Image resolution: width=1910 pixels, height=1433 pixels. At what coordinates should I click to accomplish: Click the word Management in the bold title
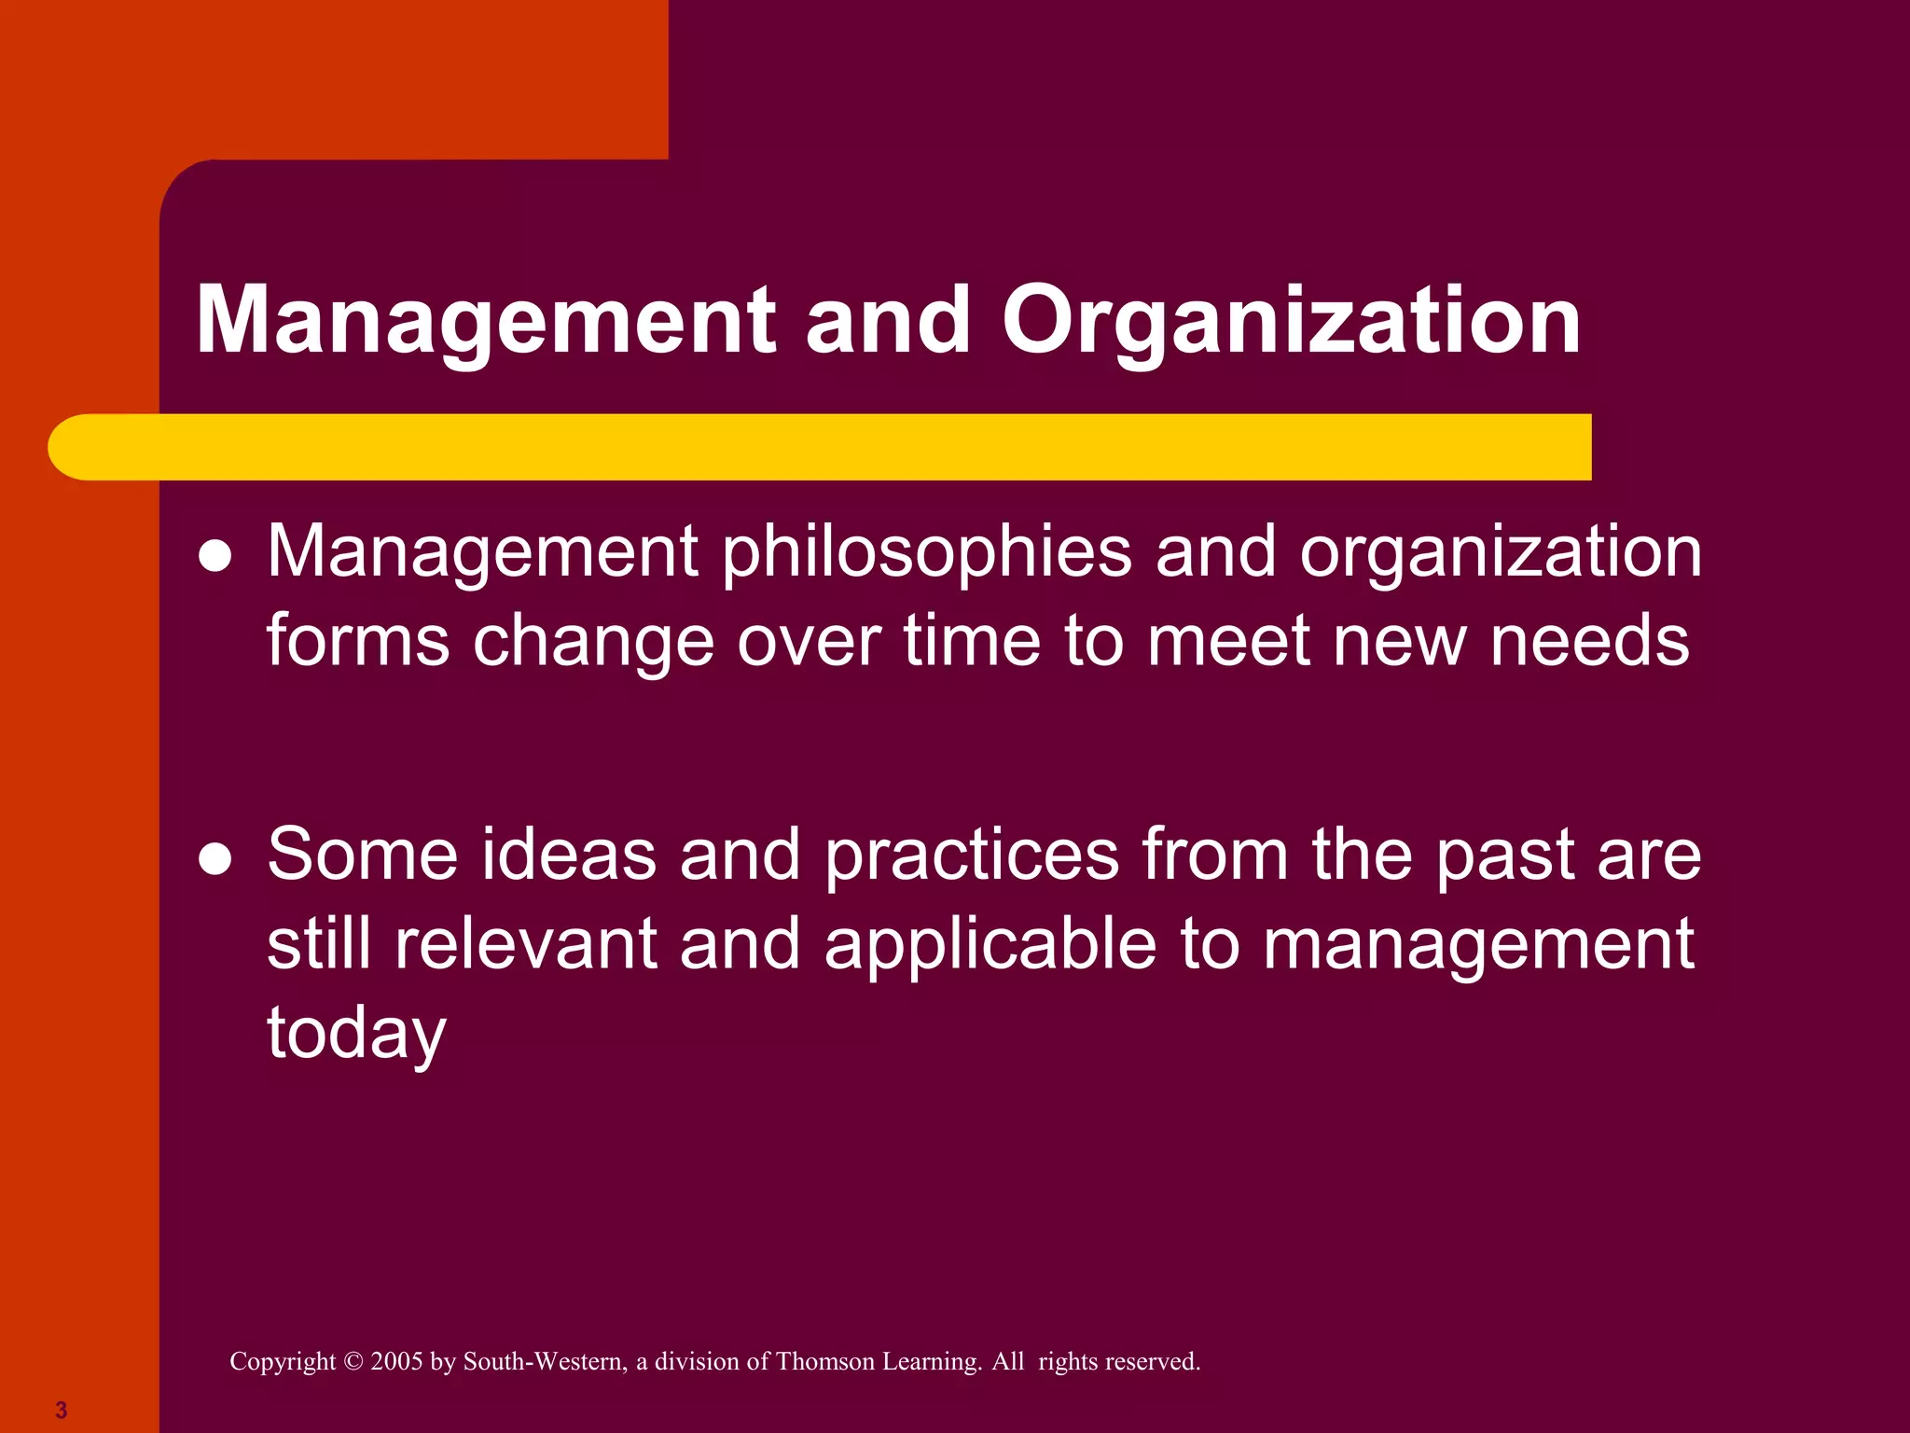point(485,322)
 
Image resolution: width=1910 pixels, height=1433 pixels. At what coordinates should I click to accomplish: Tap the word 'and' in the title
point(888,322)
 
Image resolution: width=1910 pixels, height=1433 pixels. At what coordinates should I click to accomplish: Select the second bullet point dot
point(215,859)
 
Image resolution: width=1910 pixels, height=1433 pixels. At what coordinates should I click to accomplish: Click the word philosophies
point(927,552)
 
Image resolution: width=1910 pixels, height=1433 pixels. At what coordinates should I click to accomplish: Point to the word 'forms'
point(358,641)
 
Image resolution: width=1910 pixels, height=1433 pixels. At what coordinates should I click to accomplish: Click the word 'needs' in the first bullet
point(1589,641)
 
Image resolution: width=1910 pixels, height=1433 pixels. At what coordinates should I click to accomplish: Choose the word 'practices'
point(972,856)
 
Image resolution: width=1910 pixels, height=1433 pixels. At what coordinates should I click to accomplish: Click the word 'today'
point(356,1034)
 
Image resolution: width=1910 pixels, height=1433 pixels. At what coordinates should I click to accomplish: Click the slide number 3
point(62,1410)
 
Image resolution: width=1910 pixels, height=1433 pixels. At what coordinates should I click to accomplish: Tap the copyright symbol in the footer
point(353,1362)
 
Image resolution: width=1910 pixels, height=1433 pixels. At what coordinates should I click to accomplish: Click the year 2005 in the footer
point(396,1362)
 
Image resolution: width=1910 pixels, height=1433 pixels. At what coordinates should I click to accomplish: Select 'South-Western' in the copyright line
point(545,1362)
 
